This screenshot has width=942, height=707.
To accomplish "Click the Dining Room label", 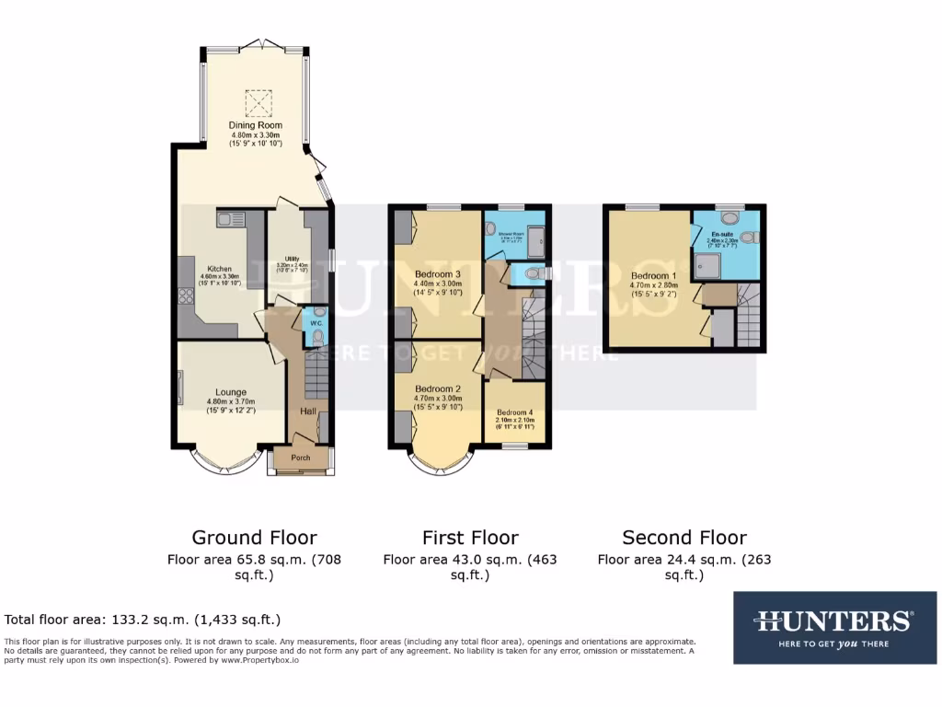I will coord(256,125).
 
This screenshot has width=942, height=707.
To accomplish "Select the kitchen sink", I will coord(229,219).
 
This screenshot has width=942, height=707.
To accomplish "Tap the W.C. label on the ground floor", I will coord(315,323).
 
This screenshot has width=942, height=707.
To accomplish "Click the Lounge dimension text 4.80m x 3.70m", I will coord(230,401).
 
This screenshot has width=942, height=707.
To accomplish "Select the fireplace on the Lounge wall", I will coord(180,386).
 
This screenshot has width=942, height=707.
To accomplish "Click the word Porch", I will coord(301,458).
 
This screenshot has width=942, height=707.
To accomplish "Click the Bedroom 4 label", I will coord(514,412).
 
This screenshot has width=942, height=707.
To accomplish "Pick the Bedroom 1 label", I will coord(653,275).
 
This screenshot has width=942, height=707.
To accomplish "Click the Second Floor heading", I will coord(684,538).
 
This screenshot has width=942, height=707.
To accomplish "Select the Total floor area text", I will coord(143,620).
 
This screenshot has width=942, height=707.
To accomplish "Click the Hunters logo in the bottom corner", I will coord(834,627).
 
